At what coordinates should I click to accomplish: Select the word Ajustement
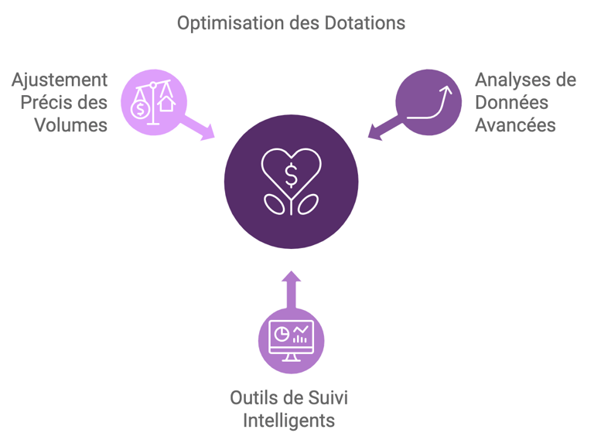tap(60, 80)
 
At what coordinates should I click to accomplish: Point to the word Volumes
tap(70, 124)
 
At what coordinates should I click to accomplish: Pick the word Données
tap(511, 102)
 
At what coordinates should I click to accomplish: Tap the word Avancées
tap(515, 124)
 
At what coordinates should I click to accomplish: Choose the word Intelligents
tap(290, 421)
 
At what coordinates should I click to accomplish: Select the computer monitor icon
tap(291, 340)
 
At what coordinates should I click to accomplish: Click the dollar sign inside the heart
tap(291, 175)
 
